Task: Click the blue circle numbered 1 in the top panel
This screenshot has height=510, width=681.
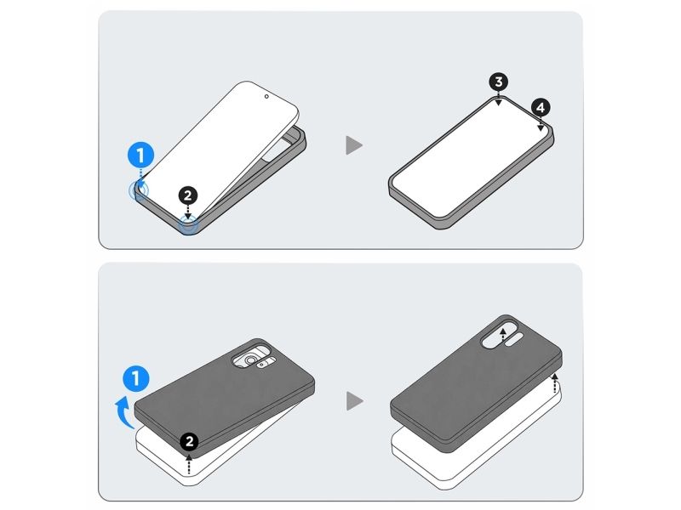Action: click(140, 156)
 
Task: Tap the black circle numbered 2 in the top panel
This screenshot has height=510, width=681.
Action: click(187, 196)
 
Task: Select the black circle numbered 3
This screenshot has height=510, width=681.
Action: click(499, 82)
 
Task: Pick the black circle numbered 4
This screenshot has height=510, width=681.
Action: click(541, 108)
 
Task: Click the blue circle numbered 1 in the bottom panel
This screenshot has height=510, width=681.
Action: click(136, 378)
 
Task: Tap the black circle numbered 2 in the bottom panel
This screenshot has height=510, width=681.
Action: click(189, 442)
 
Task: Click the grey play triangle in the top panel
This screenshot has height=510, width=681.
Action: click(353, 145)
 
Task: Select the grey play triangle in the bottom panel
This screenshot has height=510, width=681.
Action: click(354, 401)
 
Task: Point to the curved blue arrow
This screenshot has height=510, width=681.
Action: click(123, 412)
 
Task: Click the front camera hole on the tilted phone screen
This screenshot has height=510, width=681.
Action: click(266, 96)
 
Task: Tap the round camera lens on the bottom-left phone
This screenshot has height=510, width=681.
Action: click(250, 360)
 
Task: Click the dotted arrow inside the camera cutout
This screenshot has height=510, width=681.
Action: click(502, 336)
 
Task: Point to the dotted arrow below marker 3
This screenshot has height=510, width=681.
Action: click(499, 99)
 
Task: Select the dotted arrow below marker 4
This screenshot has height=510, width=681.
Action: click(541, 124)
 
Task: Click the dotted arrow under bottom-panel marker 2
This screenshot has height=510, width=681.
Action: click(188, 463)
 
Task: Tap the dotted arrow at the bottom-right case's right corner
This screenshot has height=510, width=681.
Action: click(555, 383)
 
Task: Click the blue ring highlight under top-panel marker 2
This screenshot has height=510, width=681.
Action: click(188, 225)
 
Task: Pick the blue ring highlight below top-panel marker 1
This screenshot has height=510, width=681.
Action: click(139, 190)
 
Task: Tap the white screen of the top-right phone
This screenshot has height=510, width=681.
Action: click(471, 157)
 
